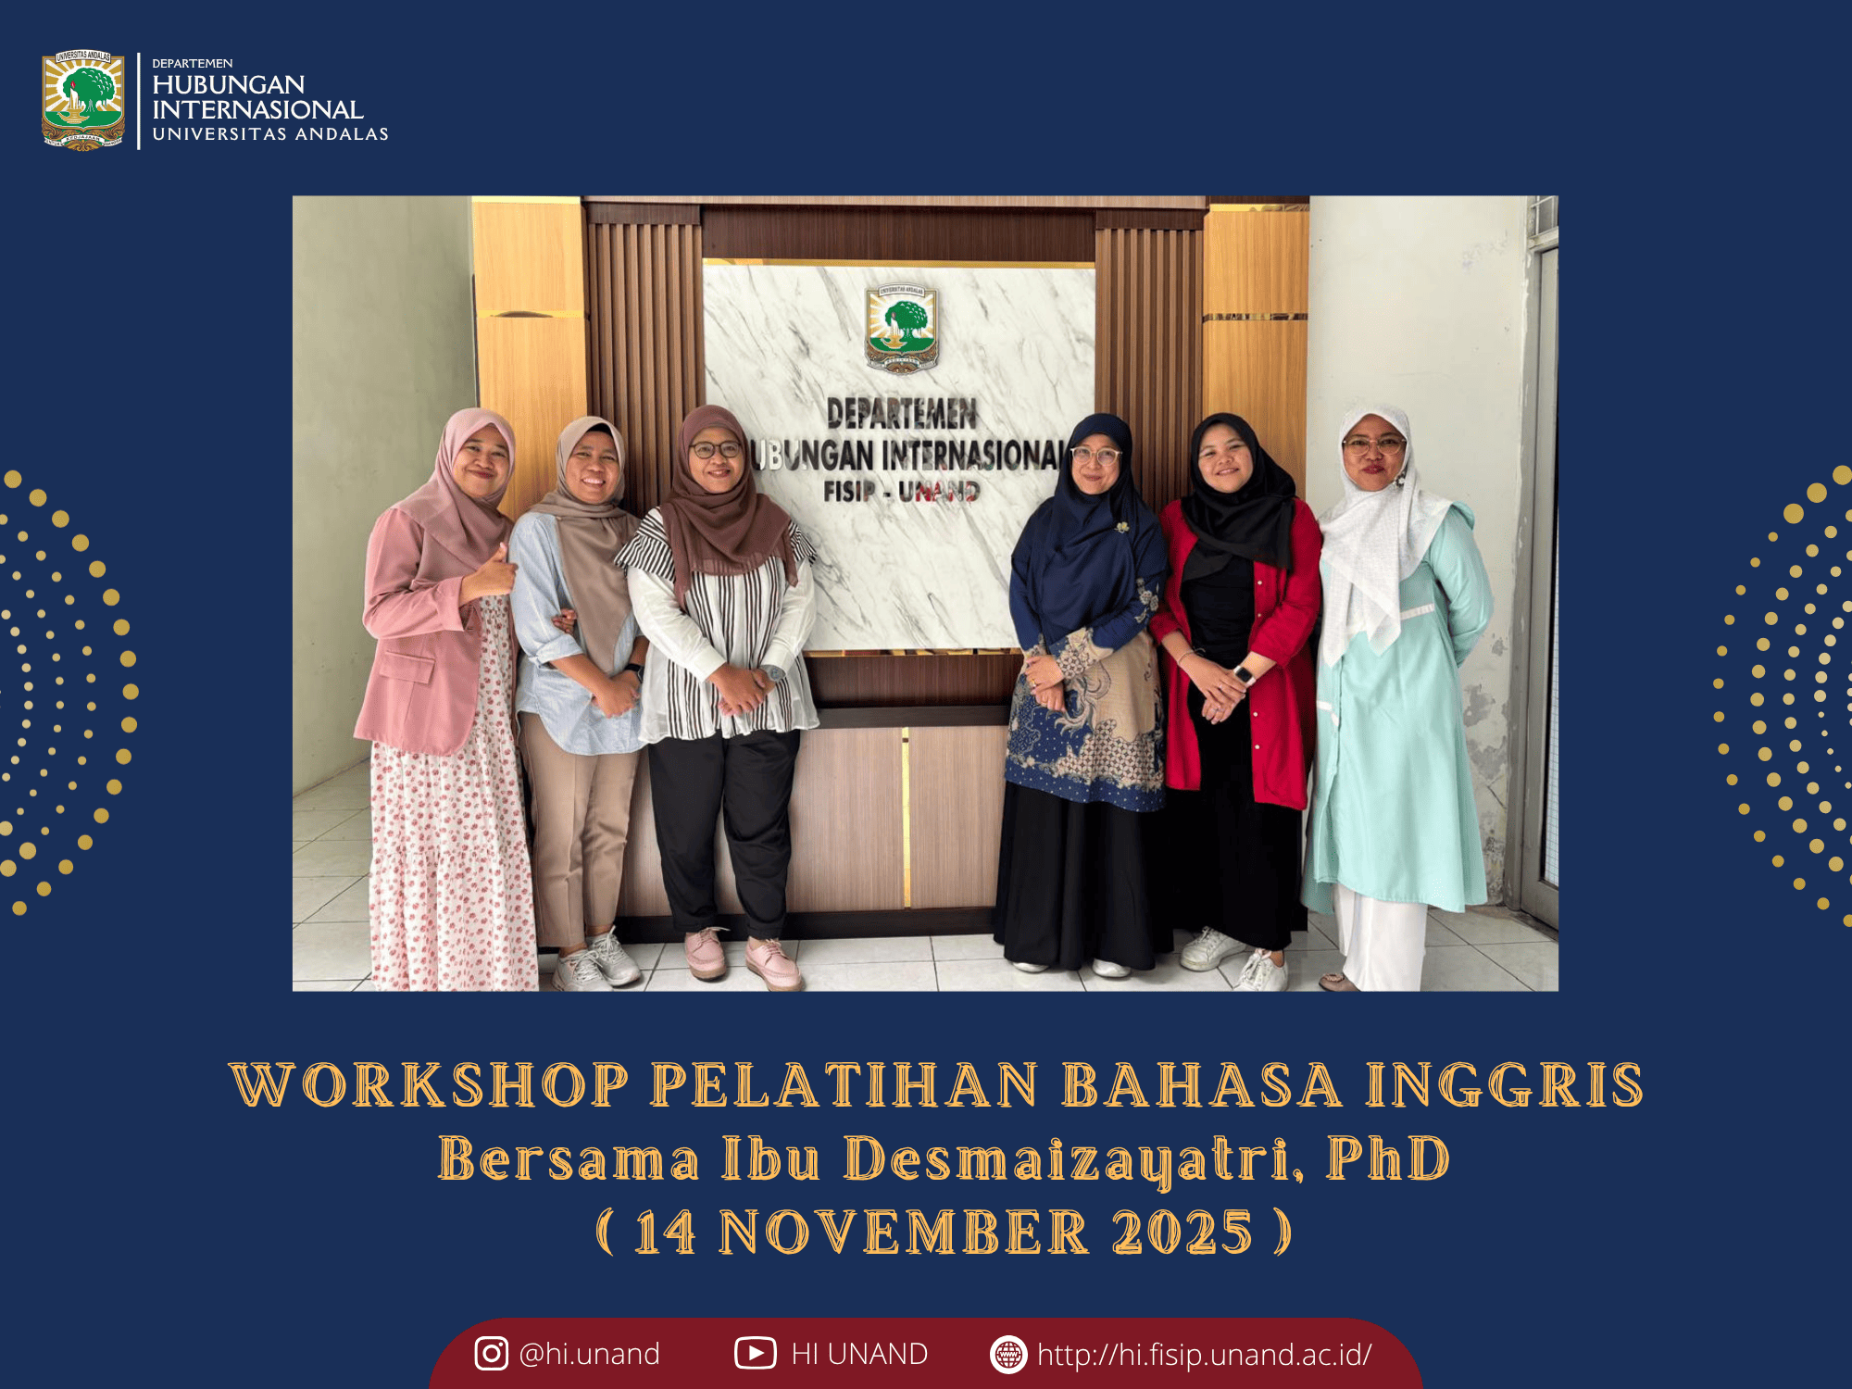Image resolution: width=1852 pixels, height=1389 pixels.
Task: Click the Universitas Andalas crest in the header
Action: [83, 100]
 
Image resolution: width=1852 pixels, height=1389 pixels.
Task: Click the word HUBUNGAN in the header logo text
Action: [229, 84]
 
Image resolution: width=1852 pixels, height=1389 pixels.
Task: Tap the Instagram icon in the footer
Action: [491, 1353]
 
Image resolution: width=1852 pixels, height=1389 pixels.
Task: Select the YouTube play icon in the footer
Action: [756, 1353]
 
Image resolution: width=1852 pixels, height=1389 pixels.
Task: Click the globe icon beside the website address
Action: [1008, 1354]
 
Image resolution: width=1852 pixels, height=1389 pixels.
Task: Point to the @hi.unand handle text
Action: [590, 1354]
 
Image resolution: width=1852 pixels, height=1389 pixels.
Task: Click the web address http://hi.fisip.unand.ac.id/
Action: [1204, 1355]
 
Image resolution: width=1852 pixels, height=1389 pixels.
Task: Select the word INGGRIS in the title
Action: [1505, 1084]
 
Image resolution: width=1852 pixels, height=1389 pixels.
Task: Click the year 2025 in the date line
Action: [1183, 1233]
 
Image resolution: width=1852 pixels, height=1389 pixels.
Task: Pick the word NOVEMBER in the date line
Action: [904, 1233]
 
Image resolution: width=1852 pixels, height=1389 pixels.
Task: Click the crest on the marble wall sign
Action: [902, 329]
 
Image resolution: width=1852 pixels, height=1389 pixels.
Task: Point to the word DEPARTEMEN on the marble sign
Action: [902, 414]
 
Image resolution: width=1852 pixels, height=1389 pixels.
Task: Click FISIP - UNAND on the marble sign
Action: [901, 490]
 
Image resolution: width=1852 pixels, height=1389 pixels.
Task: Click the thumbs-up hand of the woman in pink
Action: [493, 574]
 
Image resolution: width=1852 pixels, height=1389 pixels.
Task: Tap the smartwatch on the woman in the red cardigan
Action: [1243, 674]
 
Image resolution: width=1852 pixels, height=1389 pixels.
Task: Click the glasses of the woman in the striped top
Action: [716, 450]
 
